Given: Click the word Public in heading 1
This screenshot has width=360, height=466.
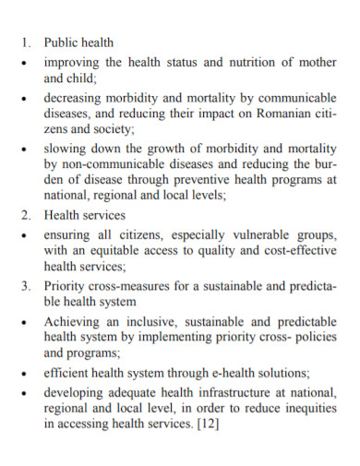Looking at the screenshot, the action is [61, 42].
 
